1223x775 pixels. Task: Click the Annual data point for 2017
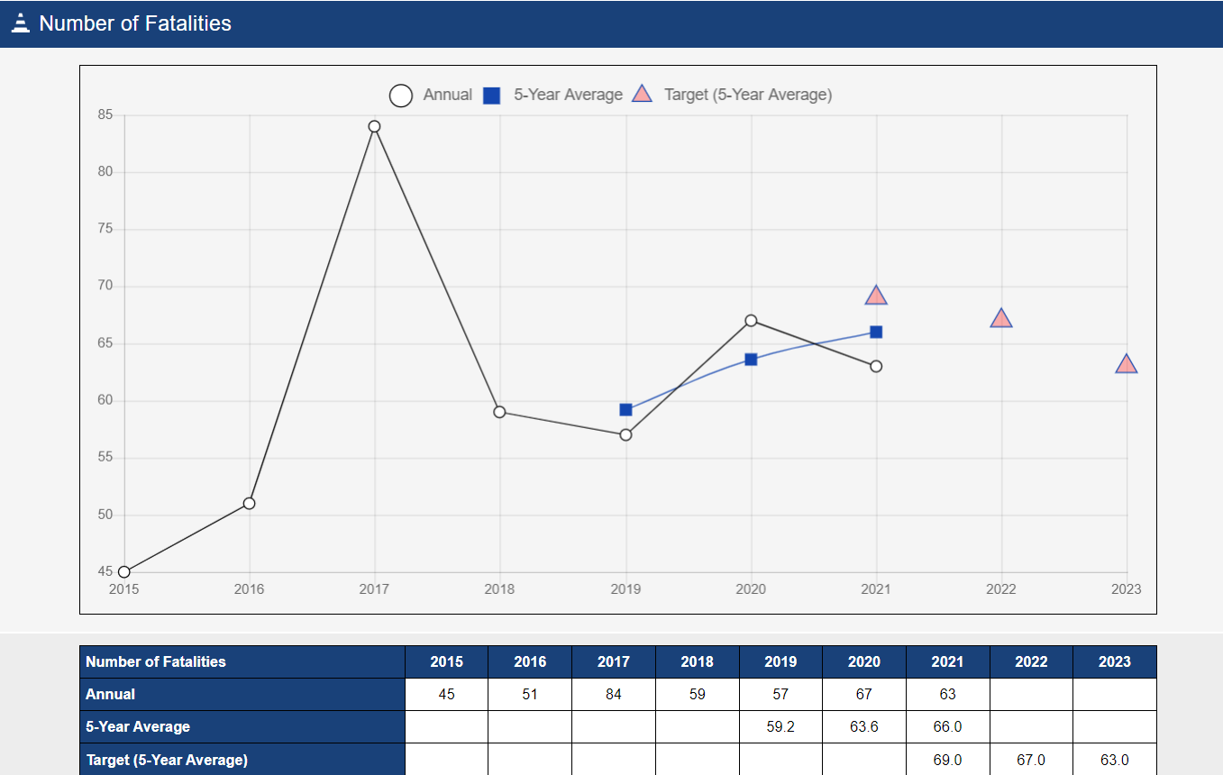point(374,126)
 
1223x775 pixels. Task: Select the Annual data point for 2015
point(124,571)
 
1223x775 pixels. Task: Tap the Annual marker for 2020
point(751,321)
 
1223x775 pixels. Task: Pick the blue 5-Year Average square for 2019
point(625,410)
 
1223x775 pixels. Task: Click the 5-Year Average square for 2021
point(876,333)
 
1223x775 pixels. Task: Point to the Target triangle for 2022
point(1001,319)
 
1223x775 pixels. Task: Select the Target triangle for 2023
point(1126,365)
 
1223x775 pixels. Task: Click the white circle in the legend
point(401,96)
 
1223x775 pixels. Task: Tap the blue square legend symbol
point(491,96)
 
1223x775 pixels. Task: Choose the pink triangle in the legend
point(642,95)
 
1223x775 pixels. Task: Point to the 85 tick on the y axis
point(105,115)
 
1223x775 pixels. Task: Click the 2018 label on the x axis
point(499,589)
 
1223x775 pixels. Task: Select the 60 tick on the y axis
point(105,401)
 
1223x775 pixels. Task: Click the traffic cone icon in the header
point(21,23)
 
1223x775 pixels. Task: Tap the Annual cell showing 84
point(614,695)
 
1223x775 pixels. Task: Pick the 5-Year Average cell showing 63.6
point(863,726)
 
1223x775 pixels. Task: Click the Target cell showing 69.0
point(947,760)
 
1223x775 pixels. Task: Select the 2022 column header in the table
point(1031,661)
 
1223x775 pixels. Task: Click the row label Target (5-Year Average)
point(167,760)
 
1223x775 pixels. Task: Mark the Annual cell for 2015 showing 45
point(446,695)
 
